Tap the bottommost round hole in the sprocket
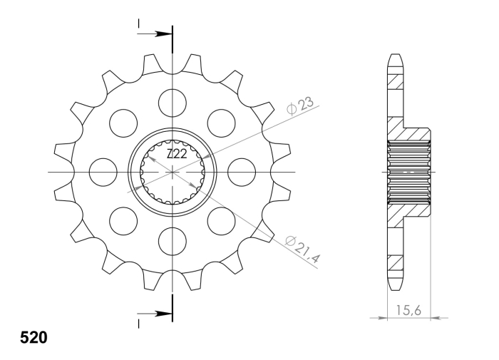tap(173, 240)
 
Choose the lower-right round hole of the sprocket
tap(221, 220)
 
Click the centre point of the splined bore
tap(173, 172)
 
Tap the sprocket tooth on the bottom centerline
tap(173, 282)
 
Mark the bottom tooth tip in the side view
tap(396, 284)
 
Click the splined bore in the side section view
tap(409, 172)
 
